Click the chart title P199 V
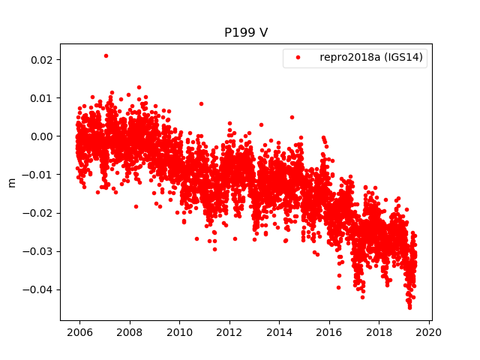[x=246, y=33]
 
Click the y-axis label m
[x=11, y=182]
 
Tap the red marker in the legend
[x=299, y=58]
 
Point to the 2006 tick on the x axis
[x=80, y=332]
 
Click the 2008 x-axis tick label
[x=130, y=332]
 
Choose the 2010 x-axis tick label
[x=179, y=332]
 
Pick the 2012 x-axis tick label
[x=229, y=332]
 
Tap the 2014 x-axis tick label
[x=280, y=332]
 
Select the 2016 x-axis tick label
[x=329, y=332]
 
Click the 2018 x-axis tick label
[x=379, y=332]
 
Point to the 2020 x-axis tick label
[x=429, y=332]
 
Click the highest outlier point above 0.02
[x=106, y=55]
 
